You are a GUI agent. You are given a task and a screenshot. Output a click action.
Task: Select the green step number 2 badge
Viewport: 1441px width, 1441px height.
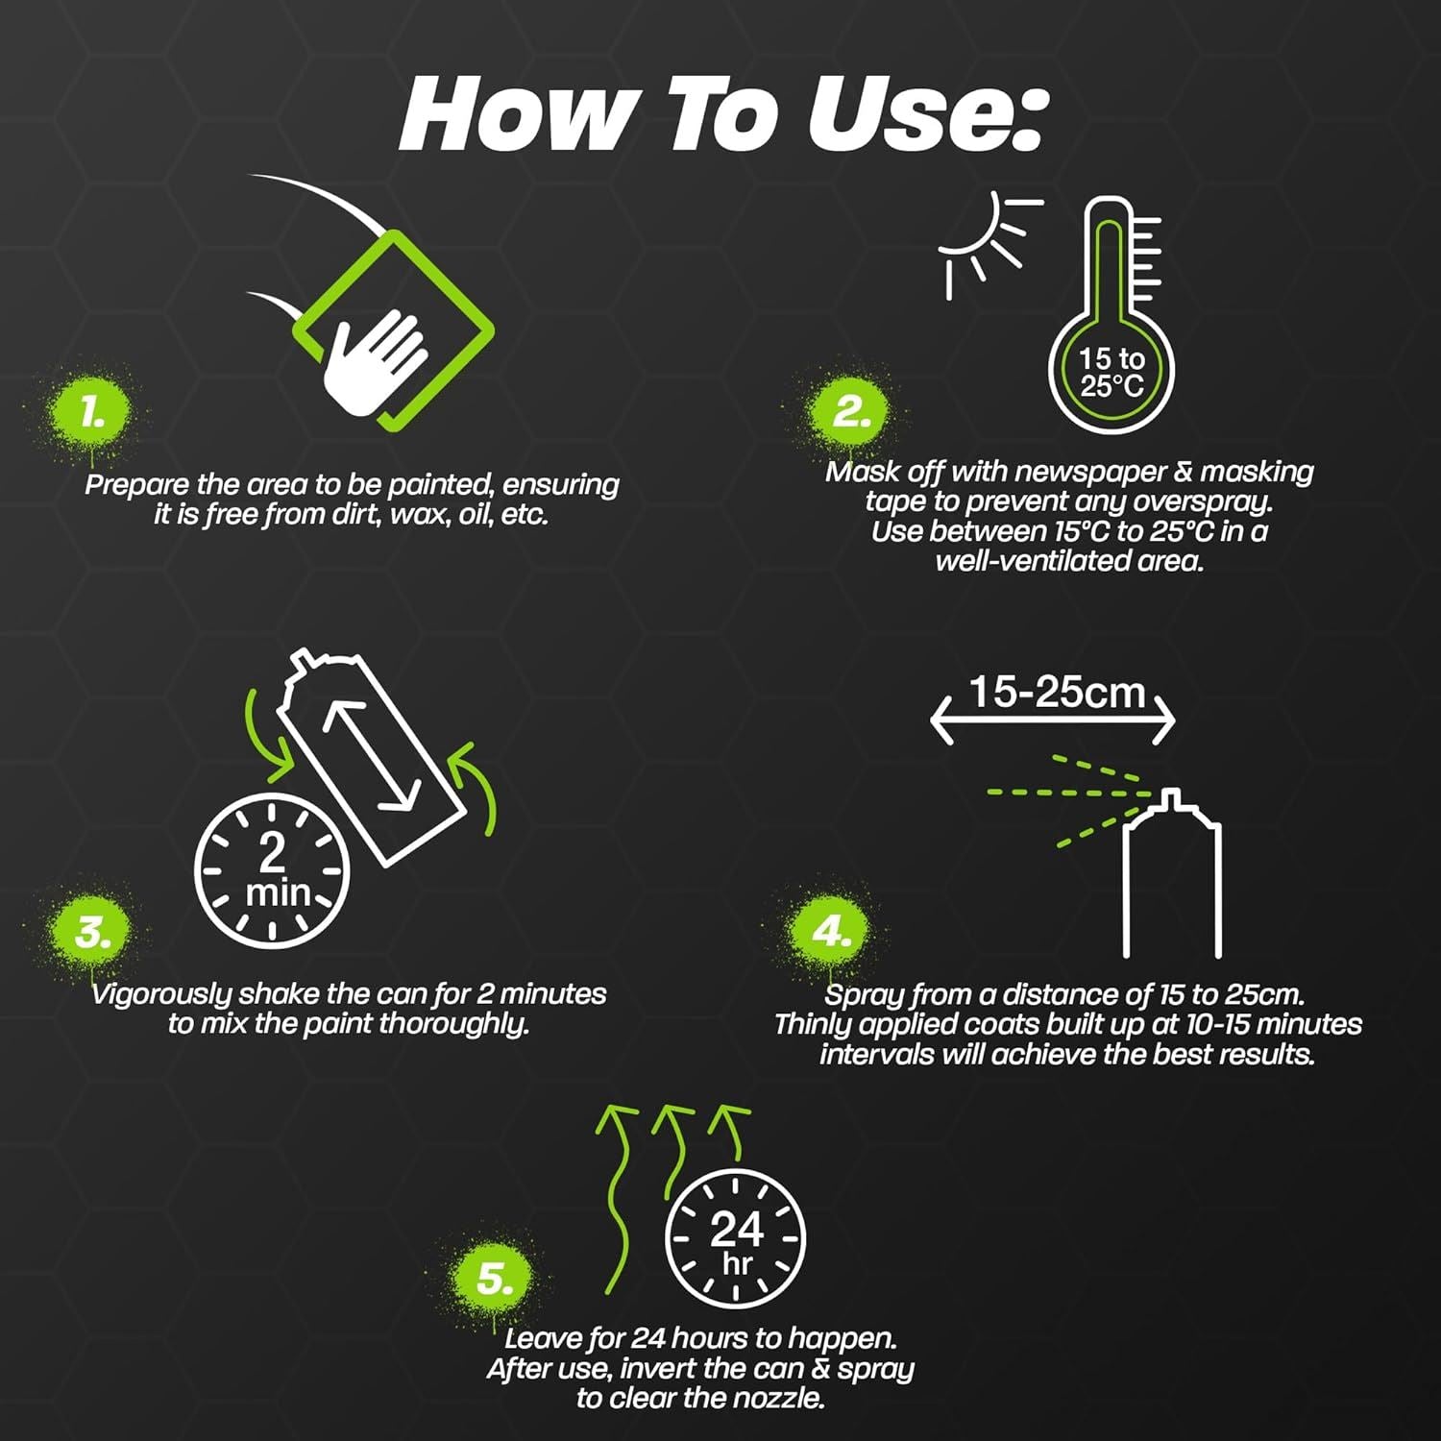click(x=850, y=412)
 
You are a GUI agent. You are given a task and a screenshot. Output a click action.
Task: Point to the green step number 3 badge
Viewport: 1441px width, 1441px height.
click(x=91, y=932)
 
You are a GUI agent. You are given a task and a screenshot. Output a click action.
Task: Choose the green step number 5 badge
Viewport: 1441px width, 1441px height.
click(x=494, y=1279)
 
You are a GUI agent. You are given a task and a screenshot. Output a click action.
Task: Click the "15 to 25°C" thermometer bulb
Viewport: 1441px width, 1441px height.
click(x=1111, y=372)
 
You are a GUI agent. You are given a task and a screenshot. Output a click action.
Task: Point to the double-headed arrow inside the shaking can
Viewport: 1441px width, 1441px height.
click(x=371, y=756)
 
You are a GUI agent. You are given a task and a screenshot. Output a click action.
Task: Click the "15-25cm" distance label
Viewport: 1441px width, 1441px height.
click(x=1057, y=692)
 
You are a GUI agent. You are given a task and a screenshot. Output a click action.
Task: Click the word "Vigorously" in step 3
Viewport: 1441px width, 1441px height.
click(x=161, y=994)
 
